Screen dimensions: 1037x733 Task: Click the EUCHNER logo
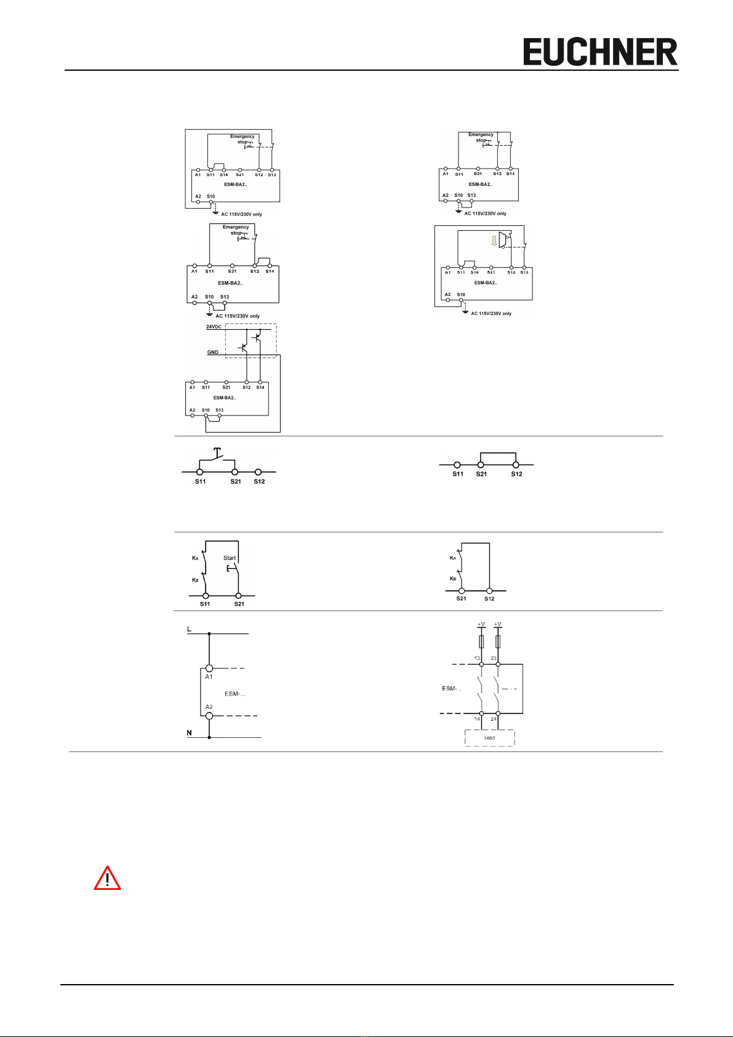point(600,52)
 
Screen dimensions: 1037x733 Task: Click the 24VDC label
point(214,327)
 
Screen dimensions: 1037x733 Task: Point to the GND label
point(212,353)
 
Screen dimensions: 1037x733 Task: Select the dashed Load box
point(489,737)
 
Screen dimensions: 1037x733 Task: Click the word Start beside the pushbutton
point(230,558)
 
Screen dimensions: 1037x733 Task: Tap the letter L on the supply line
point(190,628)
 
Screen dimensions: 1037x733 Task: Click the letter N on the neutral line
point(190,732)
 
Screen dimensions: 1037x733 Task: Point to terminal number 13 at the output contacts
point(477,658)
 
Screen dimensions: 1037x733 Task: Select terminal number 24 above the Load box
point(494,719)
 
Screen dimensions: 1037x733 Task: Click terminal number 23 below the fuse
point(494,658)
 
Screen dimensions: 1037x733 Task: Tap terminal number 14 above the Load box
point(477,719)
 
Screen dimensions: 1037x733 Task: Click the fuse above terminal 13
point(481,642)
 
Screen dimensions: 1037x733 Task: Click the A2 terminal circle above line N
point(209,716)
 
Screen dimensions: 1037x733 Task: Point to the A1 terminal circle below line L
point(209,668)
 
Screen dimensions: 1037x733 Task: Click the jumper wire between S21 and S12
point(498,453)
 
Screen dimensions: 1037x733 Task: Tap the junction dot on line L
point(209,633)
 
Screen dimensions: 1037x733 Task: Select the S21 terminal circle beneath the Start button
point(239,596)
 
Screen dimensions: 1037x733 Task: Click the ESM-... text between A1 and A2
point(235,694)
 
